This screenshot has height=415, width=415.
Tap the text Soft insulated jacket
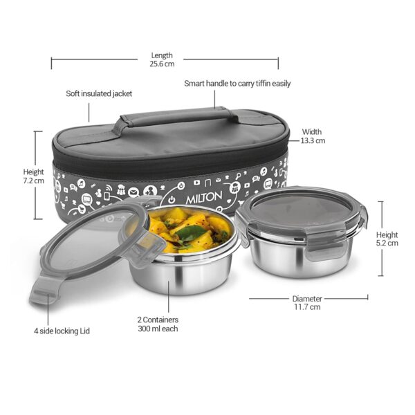(99, 93)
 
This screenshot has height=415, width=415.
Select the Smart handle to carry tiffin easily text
(237, 84)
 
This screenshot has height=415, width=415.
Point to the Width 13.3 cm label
(312, 136)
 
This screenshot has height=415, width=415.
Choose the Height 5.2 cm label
(387, 239)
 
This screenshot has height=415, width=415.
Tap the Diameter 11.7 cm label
(306, 302)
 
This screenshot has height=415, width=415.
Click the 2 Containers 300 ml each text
(158, 324)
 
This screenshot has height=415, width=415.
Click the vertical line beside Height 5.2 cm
(380, 239)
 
